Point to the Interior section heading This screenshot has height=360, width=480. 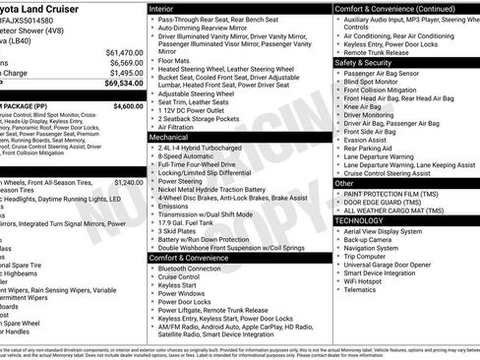click(x=161, y=8)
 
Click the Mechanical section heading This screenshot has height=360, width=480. click(x=168, y=138)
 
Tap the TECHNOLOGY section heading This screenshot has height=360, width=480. click(x=359, y=220)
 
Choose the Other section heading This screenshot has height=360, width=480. click(x=345, y=183)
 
